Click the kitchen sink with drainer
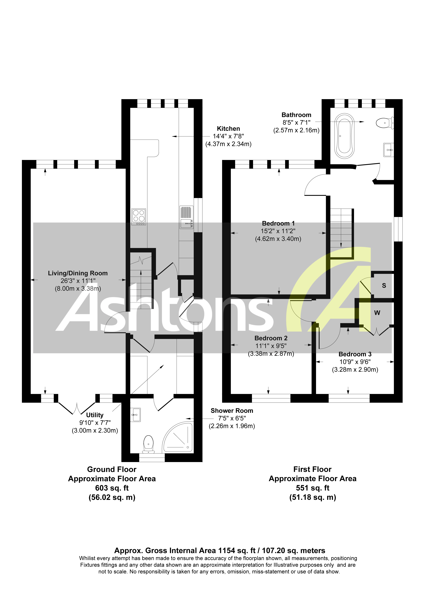click(x=187, y=217)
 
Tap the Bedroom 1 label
click(x=278, y=223)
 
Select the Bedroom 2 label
click(x=271, y=338)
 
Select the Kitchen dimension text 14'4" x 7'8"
click(x=228, y=136)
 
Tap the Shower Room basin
click(x=135, y=415)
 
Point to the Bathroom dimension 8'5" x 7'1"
click(x=296, y=122)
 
